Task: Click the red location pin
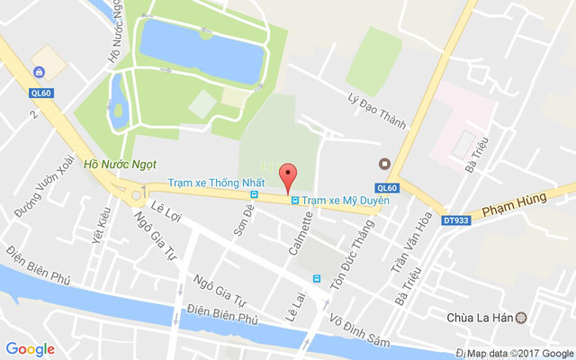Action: pos(288,176)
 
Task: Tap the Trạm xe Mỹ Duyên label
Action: pos(346,200)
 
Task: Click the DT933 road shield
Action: pos(456,220)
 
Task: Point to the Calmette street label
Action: pos(300,232)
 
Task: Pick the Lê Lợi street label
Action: pos(166,210)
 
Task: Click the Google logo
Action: pos(30,349)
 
